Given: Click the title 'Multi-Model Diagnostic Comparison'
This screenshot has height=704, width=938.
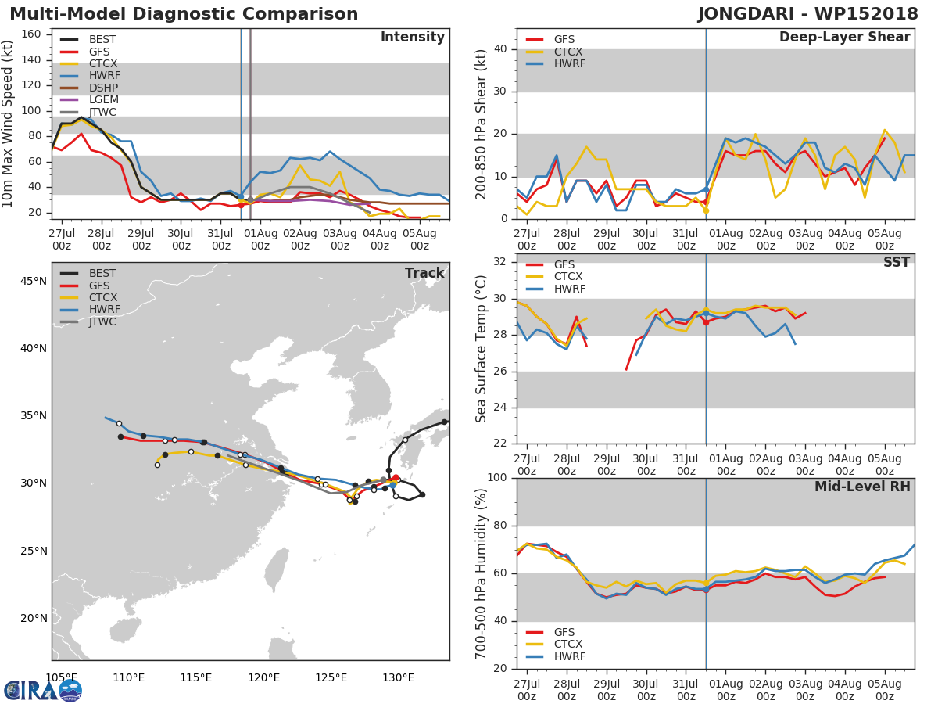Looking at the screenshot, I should tap(184, 14).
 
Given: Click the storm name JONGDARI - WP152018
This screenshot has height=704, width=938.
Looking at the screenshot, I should tap(807, 14).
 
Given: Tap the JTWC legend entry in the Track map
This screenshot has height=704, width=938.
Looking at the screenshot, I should tap(102, 321).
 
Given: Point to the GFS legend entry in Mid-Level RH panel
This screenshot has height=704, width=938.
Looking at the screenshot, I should tap(569, 632).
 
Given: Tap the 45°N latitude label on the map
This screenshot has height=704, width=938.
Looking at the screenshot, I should tap(33, 281).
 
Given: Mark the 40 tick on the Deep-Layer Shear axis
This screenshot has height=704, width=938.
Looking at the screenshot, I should tap(502, 49).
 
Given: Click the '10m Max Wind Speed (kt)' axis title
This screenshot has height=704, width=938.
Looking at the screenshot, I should tap(9, 123).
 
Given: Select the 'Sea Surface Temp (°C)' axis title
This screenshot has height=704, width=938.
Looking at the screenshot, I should tap(482, 349).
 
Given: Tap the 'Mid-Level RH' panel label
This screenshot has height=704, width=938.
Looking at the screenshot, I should tap(862, 487).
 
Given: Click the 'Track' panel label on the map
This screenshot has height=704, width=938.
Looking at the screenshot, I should tap(424, 273).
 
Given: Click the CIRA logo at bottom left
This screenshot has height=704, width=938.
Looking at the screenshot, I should tap(42, 690).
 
